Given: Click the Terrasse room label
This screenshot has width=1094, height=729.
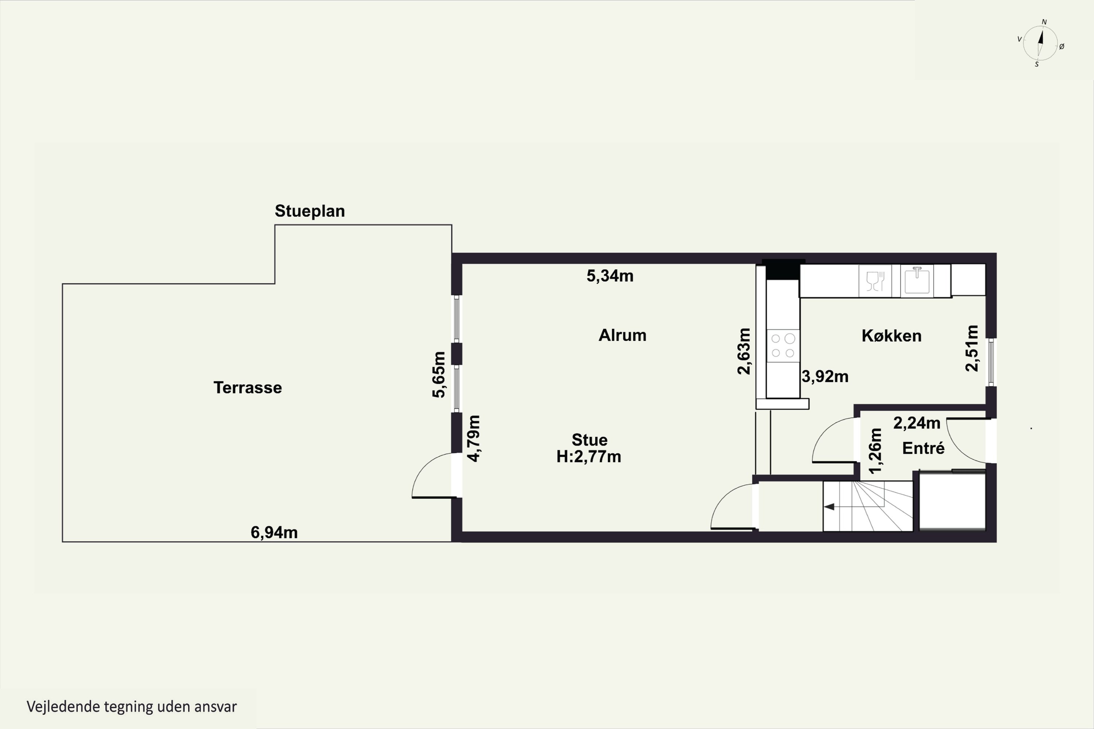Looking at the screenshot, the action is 248,388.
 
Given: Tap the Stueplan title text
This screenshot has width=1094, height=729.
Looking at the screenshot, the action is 310,211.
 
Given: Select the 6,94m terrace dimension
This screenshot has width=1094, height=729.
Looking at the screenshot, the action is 274,532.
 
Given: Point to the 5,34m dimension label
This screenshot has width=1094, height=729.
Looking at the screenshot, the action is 610,276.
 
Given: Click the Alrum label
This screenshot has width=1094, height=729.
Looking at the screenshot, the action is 622,335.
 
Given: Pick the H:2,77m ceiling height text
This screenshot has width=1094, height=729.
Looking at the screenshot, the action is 589,457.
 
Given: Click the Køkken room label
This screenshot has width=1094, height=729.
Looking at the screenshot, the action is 891,336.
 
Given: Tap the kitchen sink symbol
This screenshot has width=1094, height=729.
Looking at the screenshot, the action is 917,280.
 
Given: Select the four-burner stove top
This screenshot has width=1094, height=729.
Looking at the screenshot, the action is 783,346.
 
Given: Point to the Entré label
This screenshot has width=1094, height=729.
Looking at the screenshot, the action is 923,448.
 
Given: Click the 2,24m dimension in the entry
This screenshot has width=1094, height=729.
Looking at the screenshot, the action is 917,423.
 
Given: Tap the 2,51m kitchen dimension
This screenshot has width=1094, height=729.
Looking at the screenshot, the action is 972,348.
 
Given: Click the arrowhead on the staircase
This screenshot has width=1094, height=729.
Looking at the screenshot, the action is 829,507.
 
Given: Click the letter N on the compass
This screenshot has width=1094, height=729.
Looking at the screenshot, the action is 1044,22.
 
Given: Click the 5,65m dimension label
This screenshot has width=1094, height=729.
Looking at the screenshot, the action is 439,375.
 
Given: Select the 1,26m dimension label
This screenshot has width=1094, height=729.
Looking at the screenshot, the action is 875,451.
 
